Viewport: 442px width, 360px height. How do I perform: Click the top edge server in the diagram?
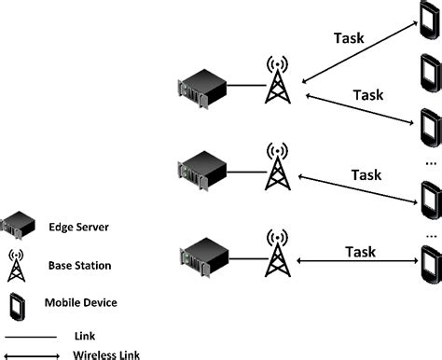[x=202, y=89]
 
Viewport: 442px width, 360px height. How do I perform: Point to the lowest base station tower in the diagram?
[x=277, y=252]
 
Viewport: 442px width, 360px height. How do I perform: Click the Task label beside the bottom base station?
[x=361, y=252]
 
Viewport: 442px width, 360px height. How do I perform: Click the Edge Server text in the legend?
[x=79, y=228]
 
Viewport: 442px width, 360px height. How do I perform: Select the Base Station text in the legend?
[x=79, y=266]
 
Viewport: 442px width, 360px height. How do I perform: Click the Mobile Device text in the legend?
[x=81, y=302]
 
